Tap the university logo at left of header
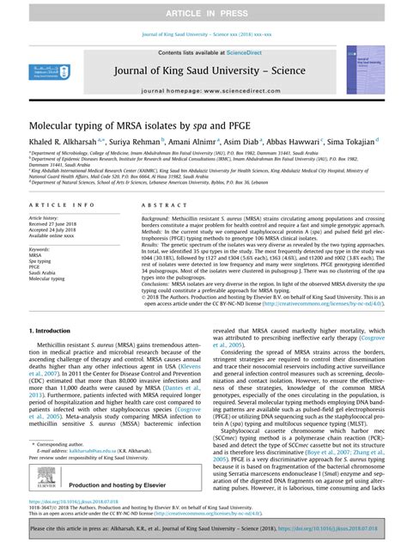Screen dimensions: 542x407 pyautogui.click(x=39, y=73)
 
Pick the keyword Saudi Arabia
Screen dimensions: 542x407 pyautogui.click(x=43, y=272)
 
